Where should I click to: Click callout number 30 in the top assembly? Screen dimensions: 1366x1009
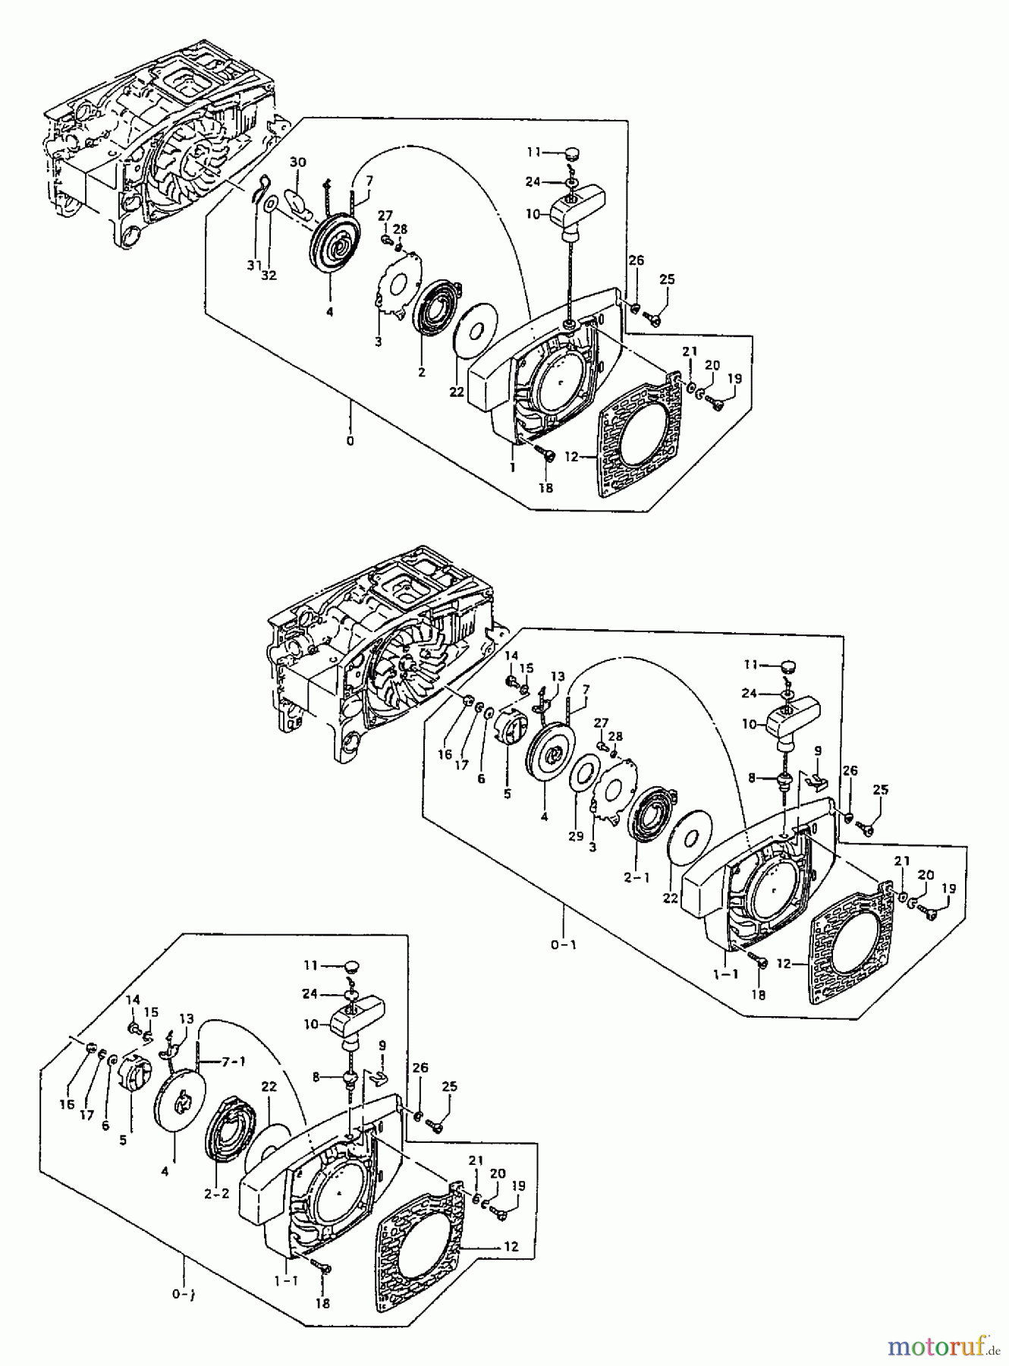(298, 162)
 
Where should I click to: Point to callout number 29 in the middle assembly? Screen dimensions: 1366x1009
(576, 836)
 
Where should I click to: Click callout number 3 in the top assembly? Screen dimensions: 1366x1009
(377, 341)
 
